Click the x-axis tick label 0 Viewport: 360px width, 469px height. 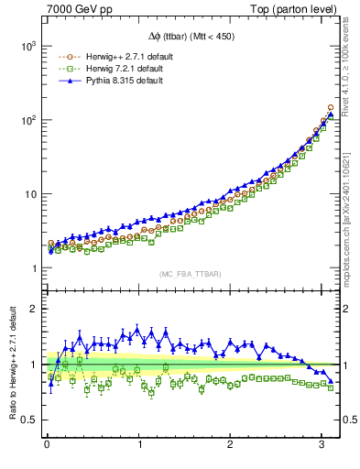coord(47,446)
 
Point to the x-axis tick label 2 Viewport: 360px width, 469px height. coord(230,446)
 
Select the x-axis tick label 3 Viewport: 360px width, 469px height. coord(322,446)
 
